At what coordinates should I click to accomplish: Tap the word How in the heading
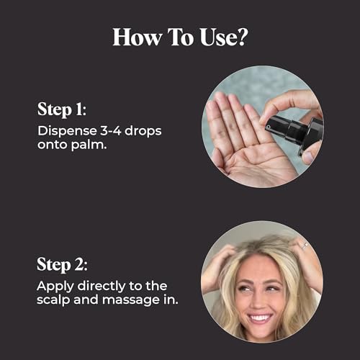click(137, 37)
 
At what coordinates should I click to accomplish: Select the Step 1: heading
click(62, 109)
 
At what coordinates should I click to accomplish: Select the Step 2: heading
click(62, 265)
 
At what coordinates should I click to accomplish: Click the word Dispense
click(67, 132)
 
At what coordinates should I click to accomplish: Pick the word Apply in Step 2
click(55, 287)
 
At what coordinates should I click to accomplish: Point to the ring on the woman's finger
click(305, 245)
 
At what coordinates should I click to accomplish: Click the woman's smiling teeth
click(260, 318)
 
